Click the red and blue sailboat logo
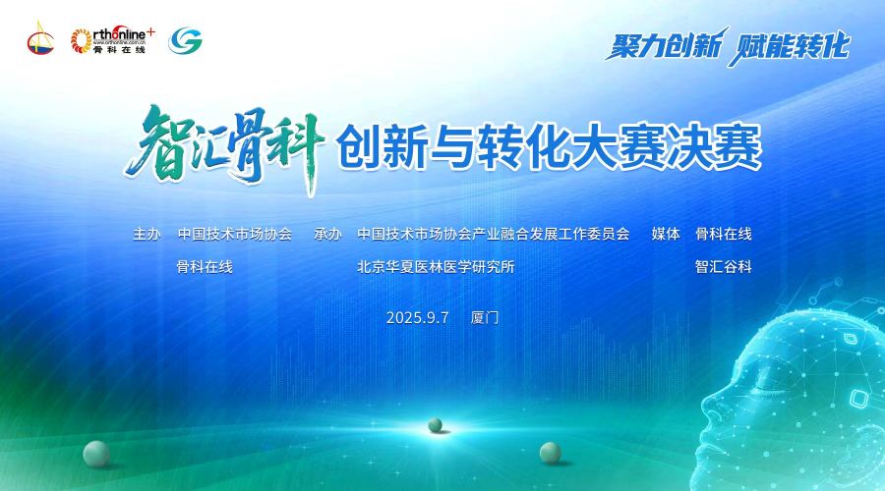(40, 38)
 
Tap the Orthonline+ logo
(112, 40)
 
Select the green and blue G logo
(185, 40)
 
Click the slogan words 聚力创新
(665, 44)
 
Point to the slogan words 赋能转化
(789, 46)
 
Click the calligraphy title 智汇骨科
(224, 148)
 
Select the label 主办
(147, 234)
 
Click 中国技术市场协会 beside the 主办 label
(235, 234)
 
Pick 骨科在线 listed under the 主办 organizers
(205, 267)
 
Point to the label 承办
(327, 234)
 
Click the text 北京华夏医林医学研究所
(436, 267)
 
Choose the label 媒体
(666, 234)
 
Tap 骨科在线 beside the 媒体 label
(724, 234)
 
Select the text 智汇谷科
(724, 267)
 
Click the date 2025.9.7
(417, 318)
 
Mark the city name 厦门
(485, 318)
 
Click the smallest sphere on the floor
(436, 425)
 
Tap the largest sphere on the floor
(96, 454)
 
